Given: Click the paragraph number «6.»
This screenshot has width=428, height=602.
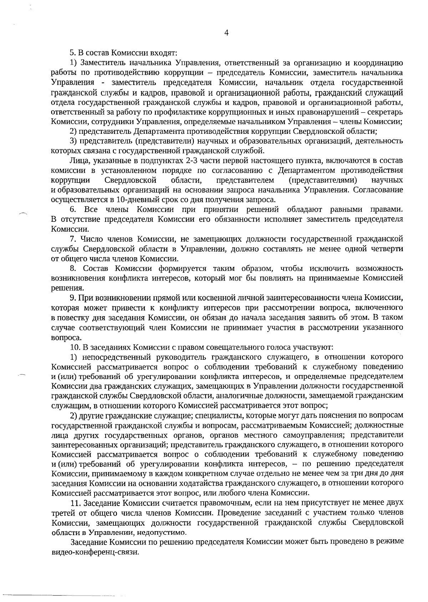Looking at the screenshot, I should pyautogui.click(x=73, y=209).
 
